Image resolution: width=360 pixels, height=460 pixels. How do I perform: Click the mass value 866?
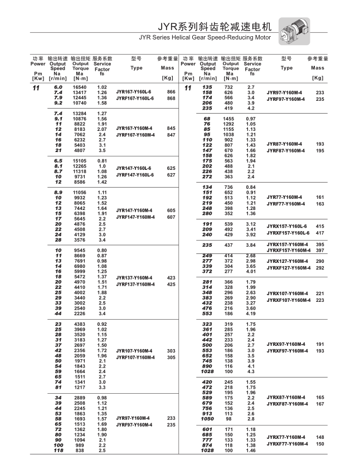(171, 91)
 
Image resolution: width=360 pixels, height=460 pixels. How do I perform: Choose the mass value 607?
(171, 217)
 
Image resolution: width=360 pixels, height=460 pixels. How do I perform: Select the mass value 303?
(171, 351)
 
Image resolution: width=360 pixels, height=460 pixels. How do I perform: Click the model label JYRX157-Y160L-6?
(286, 226)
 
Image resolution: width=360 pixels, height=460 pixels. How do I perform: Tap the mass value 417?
(320, 233)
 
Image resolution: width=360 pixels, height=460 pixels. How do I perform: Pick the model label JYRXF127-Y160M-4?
(288, 268)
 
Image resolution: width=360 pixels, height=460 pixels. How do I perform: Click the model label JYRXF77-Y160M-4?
(286, 444)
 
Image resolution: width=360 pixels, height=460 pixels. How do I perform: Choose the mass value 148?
(320, 437)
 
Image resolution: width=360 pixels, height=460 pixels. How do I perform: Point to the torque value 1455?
(229, 119)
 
